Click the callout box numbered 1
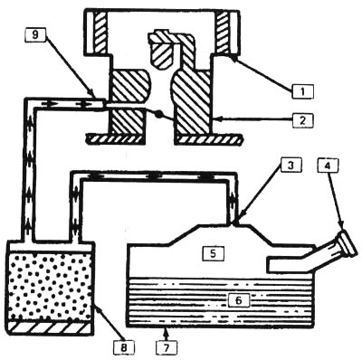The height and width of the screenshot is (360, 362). click(302, 91)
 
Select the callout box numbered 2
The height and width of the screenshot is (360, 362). click(303, 120)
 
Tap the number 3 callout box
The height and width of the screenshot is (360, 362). click(291, 166)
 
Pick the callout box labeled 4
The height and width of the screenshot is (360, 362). click(328, 166)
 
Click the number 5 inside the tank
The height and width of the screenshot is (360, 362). click(213, 253)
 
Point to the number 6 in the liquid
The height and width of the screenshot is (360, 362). click(239, 300)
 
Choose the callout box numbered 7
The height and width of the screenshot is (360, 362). click(167, 347)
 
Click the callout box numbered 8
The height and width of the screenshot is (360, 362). click(125, 347)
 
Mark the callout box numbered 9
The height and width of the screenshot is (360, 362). click(35, 35)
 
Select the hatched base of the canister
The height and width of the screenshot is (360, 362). click(50, 327)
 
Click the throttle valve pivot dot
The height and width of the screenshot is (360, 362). click(159, 115)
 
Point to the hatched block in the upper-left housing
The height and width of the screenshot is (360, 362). click(100, 32)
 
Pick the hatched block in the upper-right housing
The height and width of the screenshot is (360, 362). click(224, 32)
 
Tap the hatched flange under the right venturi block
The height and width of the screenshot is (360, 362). click(209, 139)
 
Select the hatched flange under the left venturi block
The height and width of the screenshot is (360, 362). click(114, 139)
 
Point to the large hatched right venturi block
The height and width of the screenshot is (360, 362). click(192, 102)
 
